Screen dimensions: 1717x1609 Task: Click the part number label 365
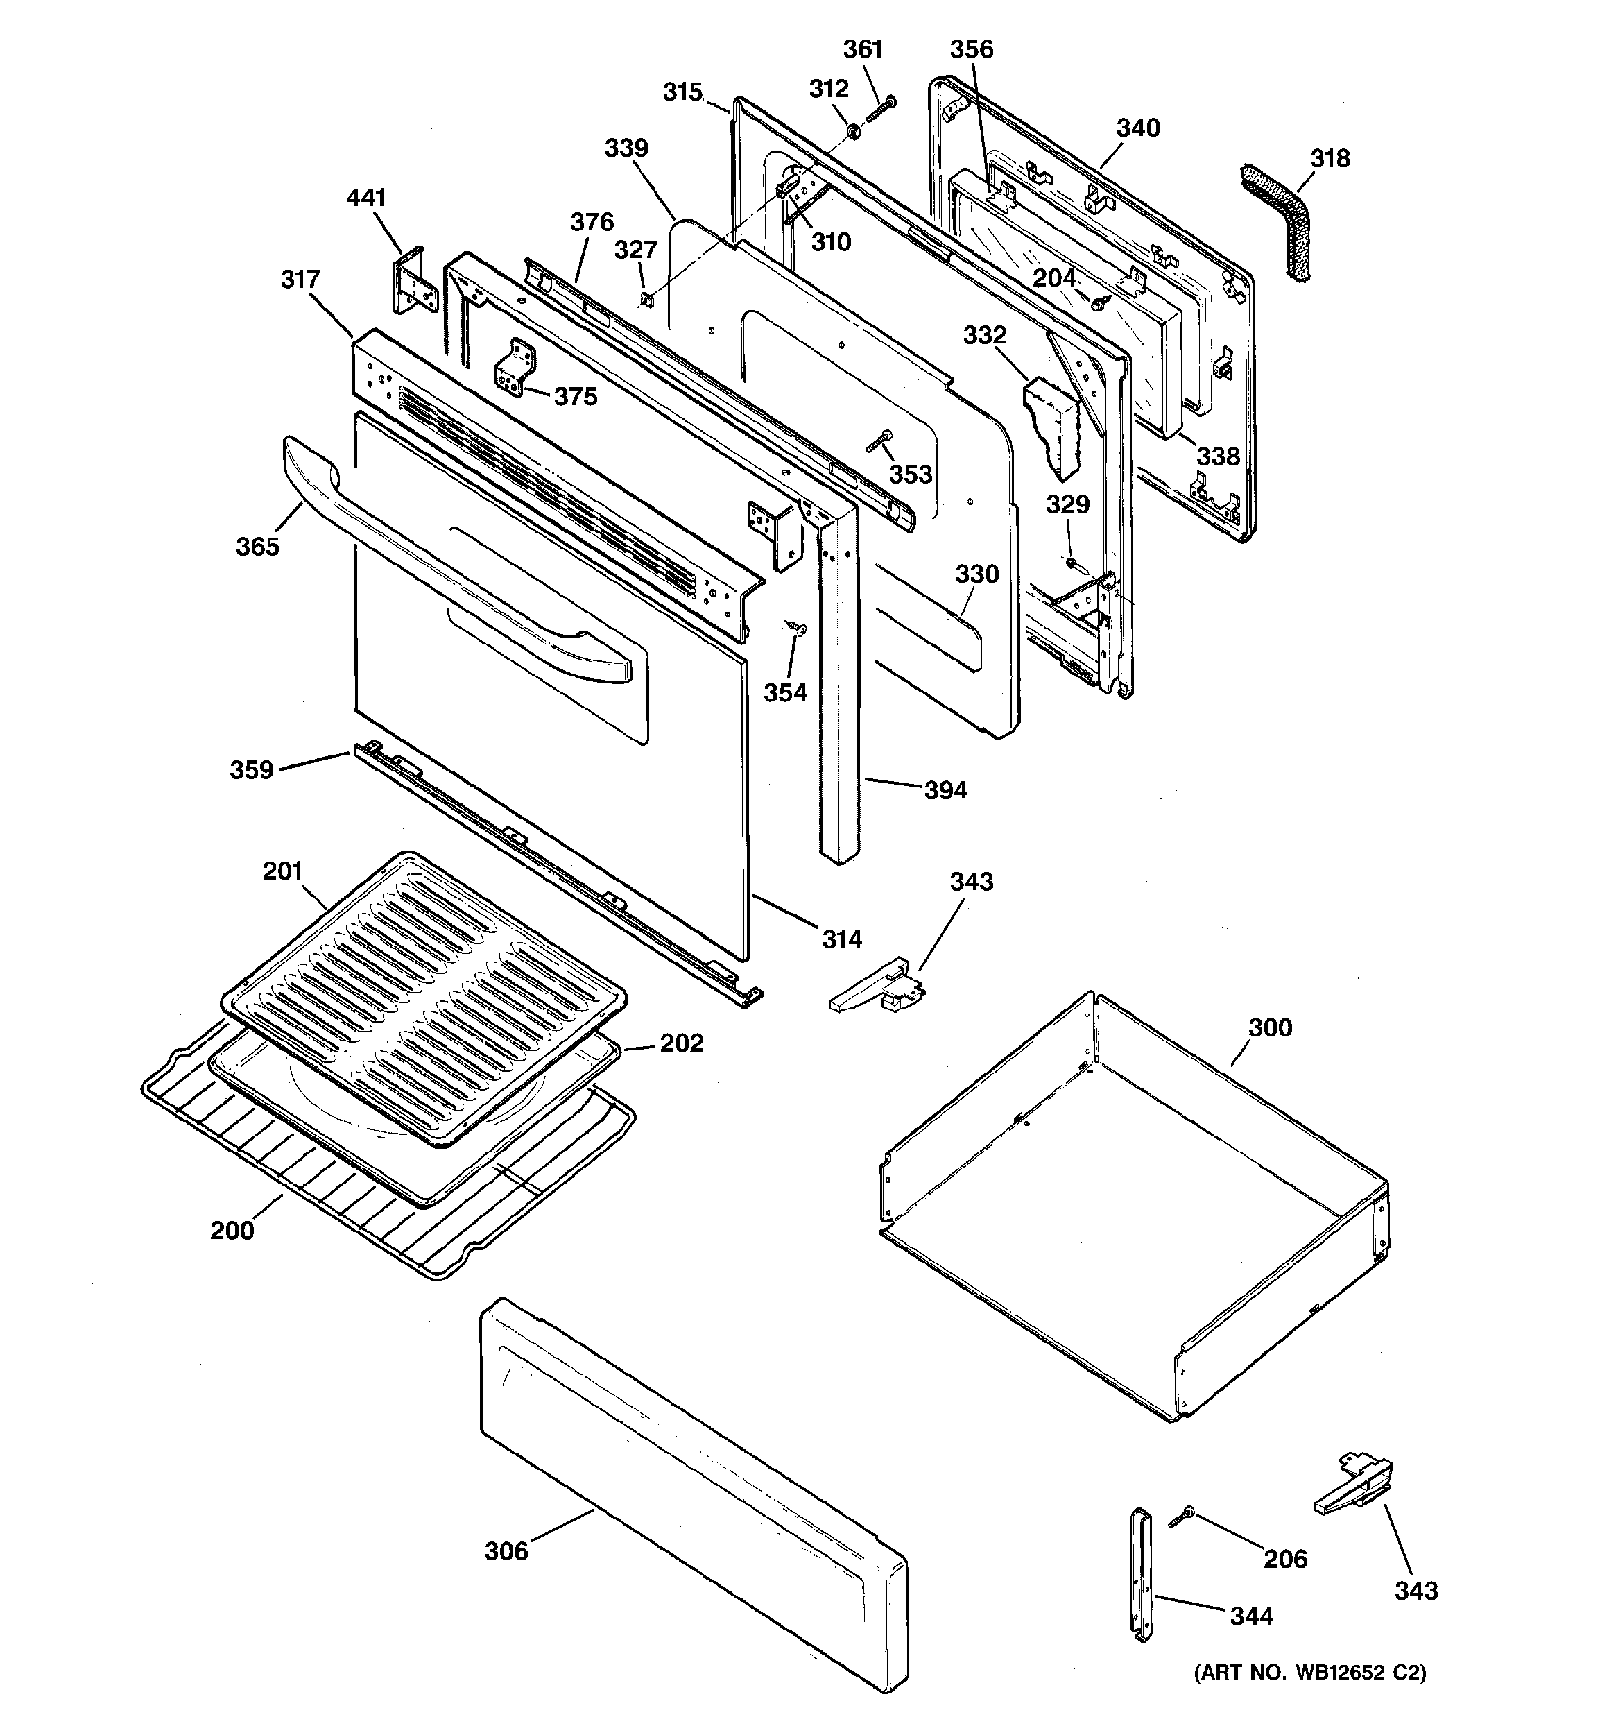click(257, 547)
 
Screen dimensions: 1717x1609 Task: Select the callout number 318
click(1330, 159)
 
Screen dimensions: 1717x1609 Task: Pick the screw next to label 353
click(879, 441)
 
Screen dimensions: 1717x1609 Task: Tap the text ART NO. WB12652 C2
click(1309, 1672)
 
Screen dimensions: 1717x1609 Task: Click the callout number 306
click(506, 1551)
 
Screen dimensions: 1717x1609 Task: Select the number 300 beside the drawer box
click(1270, 1028)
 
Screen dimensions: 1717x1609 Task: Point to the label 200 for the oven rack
click(232, 1230)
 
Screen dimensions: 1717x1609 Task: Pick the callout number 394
click(946, 790)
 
